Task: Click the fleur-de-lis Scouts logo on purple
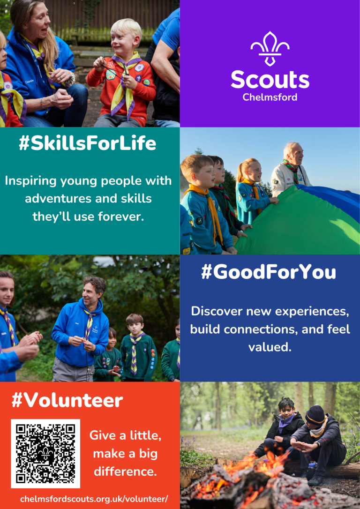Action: (x=270, y=49)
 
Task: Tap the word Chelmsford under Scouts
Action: (x=270, y=97)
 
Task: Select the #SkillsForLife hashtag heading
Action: (x=88, y=143)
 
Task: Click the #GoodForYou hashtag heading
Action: (x=269, y=272)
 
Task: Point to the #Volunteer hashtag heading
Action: (x=67, y=401)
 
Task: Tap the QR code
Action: (x=45, y=454)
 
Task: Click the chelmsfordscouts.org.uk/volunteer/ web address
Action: (x=94, y=499)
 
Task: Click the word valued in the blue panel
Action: (x=270, y=347)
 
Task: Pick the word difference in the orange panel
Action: (x=125, y=472)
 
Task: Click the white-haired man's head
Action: (x=293, y=153)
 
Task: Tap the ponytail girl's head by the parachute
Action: (x=250, y=169)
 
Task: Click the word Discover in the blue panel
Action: (x=216, y=311)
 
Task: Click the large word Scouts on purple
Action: (x=270, y=80)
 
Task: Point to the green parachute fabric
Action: (x=292, y=224)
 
